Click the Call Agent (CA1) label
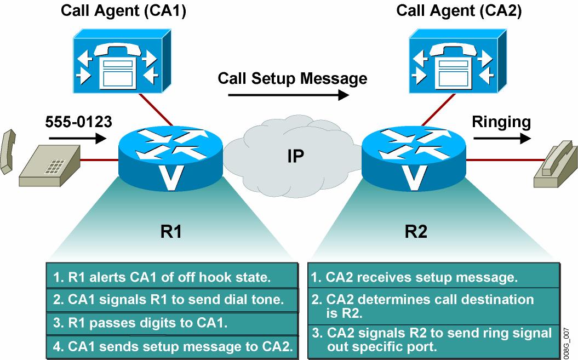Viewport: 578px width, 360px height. pos(123,11)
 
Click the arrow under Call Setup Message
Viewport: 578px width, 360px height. pos(288,95)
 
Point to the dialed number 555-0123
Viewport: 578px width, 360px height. pos(78,122)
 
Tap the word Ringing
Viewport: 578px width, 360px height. pos(502,122)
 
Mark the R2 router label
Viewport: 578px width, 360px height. pos(415,232)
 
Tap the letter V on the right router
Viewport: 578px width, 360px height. pos(415,174)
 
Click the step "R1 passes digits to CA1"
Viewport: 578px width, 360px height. pos(141,323)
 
